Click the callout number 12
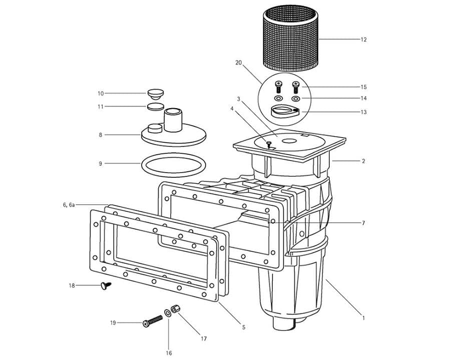(363, 39)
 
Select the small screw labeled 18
(106, 286)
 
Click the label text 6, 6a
(69, 205)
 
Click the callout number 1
(363, 317)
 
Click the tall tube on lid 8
(173, 119)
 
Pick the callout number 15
(363, 87)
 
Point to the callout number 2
(363, 161)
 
